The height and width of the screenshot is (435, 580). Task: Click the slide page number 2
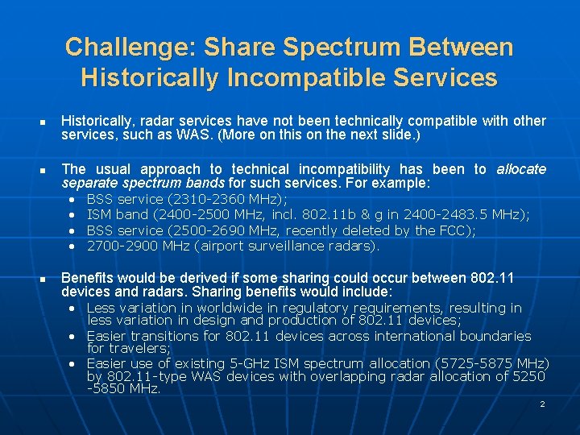click(542, 404)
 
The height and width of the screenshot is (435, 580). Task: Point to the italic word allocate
click(520, 169)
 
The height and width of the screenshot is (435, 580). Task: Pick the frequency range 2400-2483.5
click(441, 214)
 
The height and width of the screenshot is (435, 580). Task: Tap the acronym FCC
click(458, 230)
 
